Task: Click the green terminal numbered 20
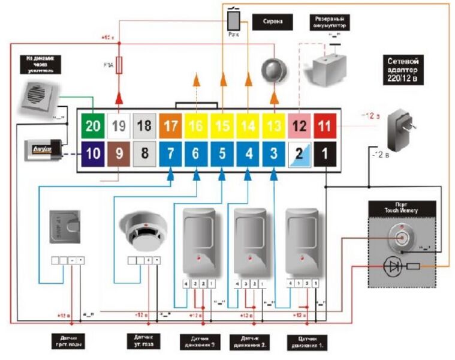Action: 93,127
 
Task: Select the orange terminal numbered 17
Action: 170,127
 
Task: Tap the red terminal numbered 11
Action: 324,127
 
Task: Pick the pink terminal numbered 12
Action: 299,127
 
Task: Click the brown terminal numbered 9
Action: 119,154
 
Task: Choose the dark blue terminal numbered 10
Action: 93,154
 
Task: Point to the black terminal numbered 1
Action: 324,154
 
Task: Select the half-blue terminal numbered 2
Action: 299,154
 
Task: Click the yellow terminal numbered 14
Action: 248,127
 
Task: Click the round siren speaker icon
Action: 274,70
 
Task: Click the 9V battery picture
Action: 38,148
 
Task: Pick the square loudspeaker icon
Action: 37,98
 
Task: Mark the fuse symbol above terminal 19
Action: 119,64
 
